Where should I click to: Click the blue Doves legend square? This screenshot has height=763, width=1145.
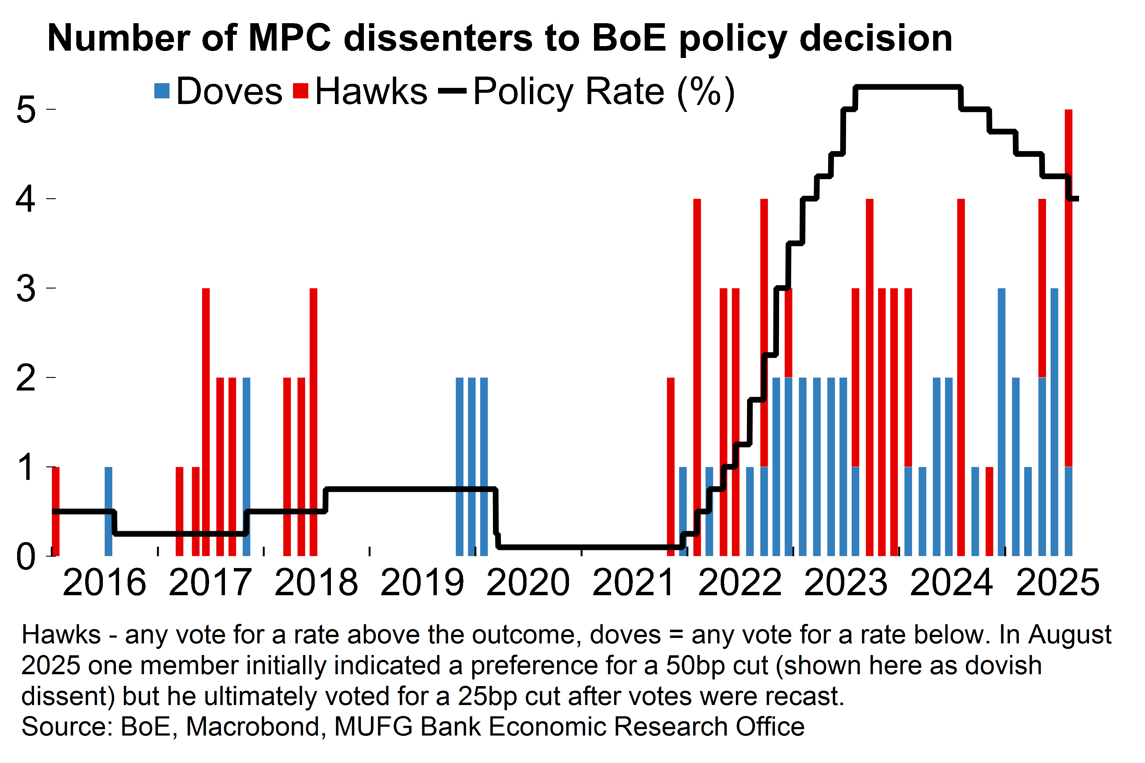click(161, 91)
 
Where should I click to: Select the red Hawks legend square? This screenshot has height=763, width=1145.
click(301, 91)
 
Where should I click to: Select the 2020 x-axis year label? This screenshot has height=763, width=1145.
click(528, 582)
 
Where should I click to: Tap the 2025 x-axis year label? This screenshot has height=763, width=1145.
click(1057, 582)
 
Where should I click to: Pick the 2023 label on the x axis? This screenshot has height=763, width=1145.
click(846, 582)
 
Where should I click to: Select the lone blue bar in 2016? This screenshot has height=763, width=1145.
click(109, 511)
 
